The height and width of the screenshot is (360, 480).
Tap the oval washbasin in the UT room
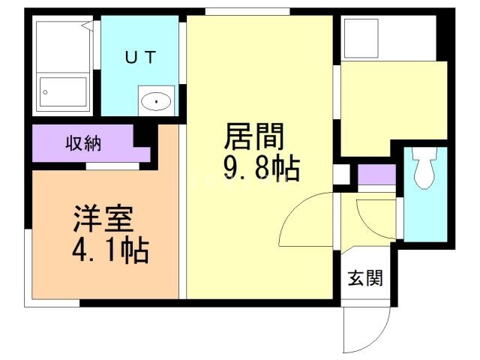click(156, 100)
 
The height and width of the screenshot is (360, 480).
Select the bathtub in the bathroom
click(63, 93)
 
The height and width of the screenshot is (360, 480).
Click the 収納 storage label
click(82, 142)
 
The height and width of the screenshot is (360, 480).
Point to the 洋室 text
click(103, 220)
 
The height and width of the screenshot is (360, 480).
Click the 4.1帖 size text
click(111, 249)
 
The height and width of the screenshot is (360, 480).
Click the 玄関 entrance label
click(365, 278)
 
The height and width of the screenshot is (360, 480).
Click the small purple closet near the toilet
click(376, 174)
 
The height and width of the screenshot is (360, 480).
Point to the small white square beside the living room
click(341, 174)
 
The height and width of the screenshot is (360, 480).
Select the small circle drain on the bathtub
click(46, 92)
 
